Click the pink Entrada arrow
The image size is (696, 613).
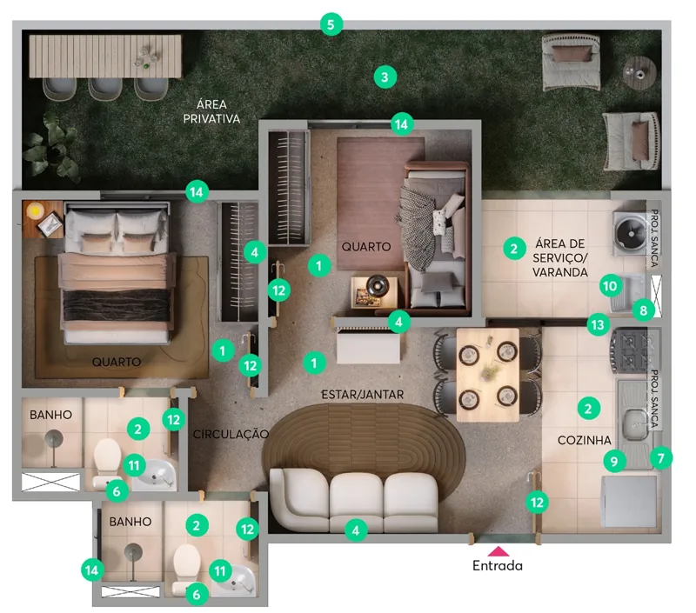(x=498, y=551)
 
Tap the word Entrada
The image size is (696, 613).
(x=497, y=565)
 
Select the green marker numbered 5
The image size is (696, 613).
(x=331, y=24)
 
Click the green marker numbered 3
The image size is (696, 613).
(x=385, y=77)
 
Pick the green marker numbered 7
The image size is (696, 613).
(x=661, y=457)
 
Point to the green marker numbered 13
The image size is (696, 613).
(x=598, y=324)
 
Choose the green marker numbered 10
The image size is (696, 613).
(x=611, y=286)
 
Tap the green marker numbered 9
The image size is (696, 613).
(x=614, y=462)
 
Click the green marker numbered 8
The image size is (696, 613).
(x=644, y=310)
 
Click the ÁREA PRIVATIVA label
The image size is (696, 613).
(x=211, y=112)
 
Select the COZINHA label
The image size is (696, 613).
(x=584, y=440)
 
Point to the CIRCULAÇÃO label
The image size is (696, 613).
(x=231, y=434)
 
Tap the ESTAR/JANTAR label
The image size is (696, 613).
(x=362, y=395)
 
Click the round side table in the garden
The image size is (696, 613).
(x=639, y=72)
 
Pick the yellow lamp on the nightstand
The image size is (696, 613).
(x=34, y=210)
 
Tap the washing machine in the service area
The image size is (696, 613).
(x=629, y=233)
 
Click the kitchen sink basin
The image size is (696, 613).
(x=636, y=425)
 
